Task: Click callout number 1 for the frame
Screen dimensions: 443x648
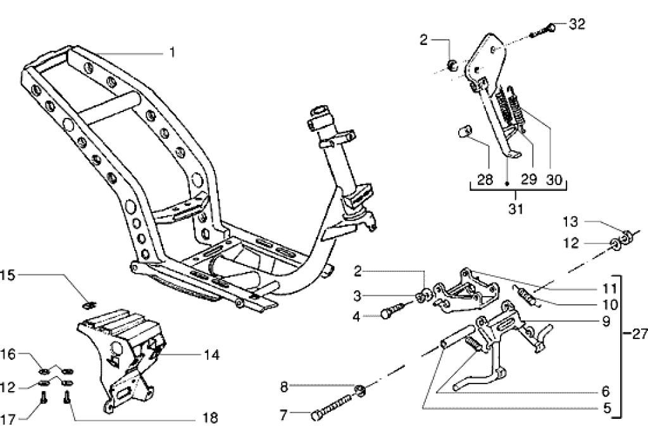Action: (x=171, y=53)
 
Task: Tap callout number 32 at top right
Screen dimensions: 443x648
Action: (x=576, y=25)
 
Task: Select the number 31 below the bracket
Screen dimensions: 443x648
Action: (x=516, y=208)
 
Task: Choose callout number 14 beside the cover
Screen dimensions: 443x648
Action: (x=211, y=355)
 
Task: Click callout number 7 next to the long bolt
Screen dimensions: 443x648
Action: (x=283, y=416)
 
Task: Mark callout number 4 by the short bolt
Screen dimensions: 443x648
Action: (x=356, y=315)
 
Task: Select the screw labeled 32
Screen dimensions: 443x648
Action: (x=544, y=29)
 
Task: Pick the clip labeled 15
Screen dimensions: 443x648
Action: (x=90, y=299)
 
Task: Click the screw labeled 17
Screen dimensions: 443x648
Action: (x=42, y=399)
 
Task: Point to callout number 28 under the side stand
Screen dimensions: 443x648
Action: (x=485, y=179)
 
